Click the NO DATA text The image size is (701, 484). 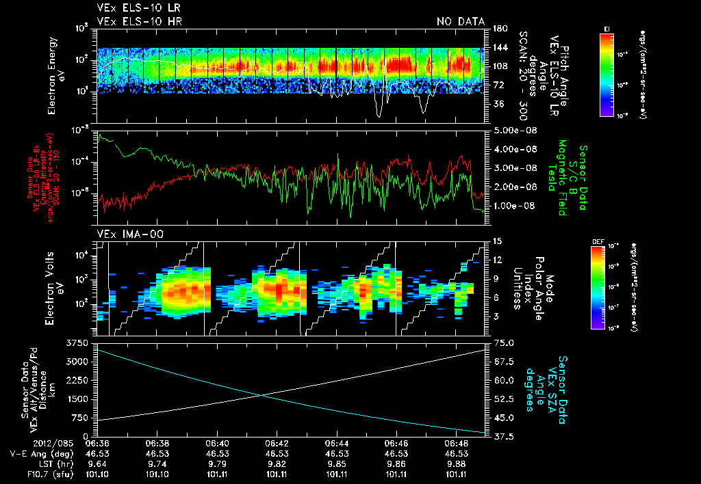click(x=460, y=21)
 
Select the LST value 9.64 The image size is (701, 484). click(x=100, y=463)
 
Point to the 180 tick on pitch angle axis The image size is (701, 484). click(x=498, y=29)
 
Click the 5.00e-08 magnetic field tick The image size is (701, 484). click(x=509, y=130)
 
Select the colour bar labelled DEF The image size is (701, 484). click(x=607, y=287)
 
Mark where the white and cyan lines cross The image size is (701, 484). click(x=261, y=394)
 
